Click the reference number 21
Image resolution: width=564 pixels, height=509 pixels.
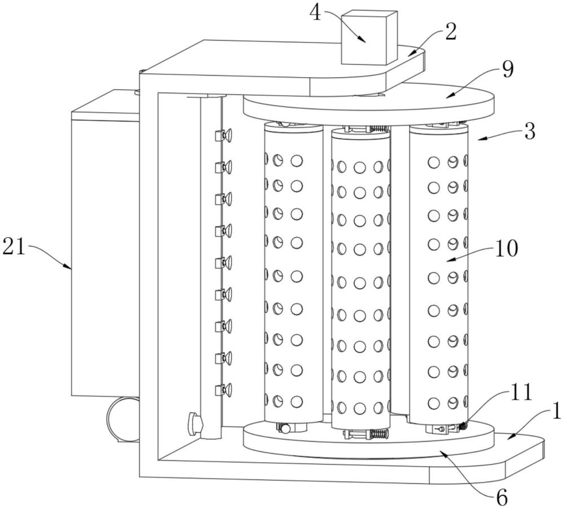pos(14,247)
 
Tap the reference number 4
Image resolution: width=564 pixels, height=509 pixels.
pos(315,14)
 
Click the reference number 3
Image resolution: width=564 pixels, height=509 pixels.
pos(530,131)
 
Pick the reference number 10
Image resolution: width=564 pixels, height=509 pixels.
pos(506,249)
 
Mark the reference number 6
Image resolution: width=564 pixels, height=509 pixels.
pos(501,498)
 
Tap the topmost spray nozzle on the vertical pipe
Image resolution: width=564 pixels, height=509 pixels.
pos(223,135)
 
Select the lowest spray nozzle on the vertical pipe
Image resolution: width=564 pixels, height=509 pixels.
pos(223,390)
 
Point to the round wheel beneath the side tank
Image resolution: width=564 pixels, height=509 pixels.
pos(122,419)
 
